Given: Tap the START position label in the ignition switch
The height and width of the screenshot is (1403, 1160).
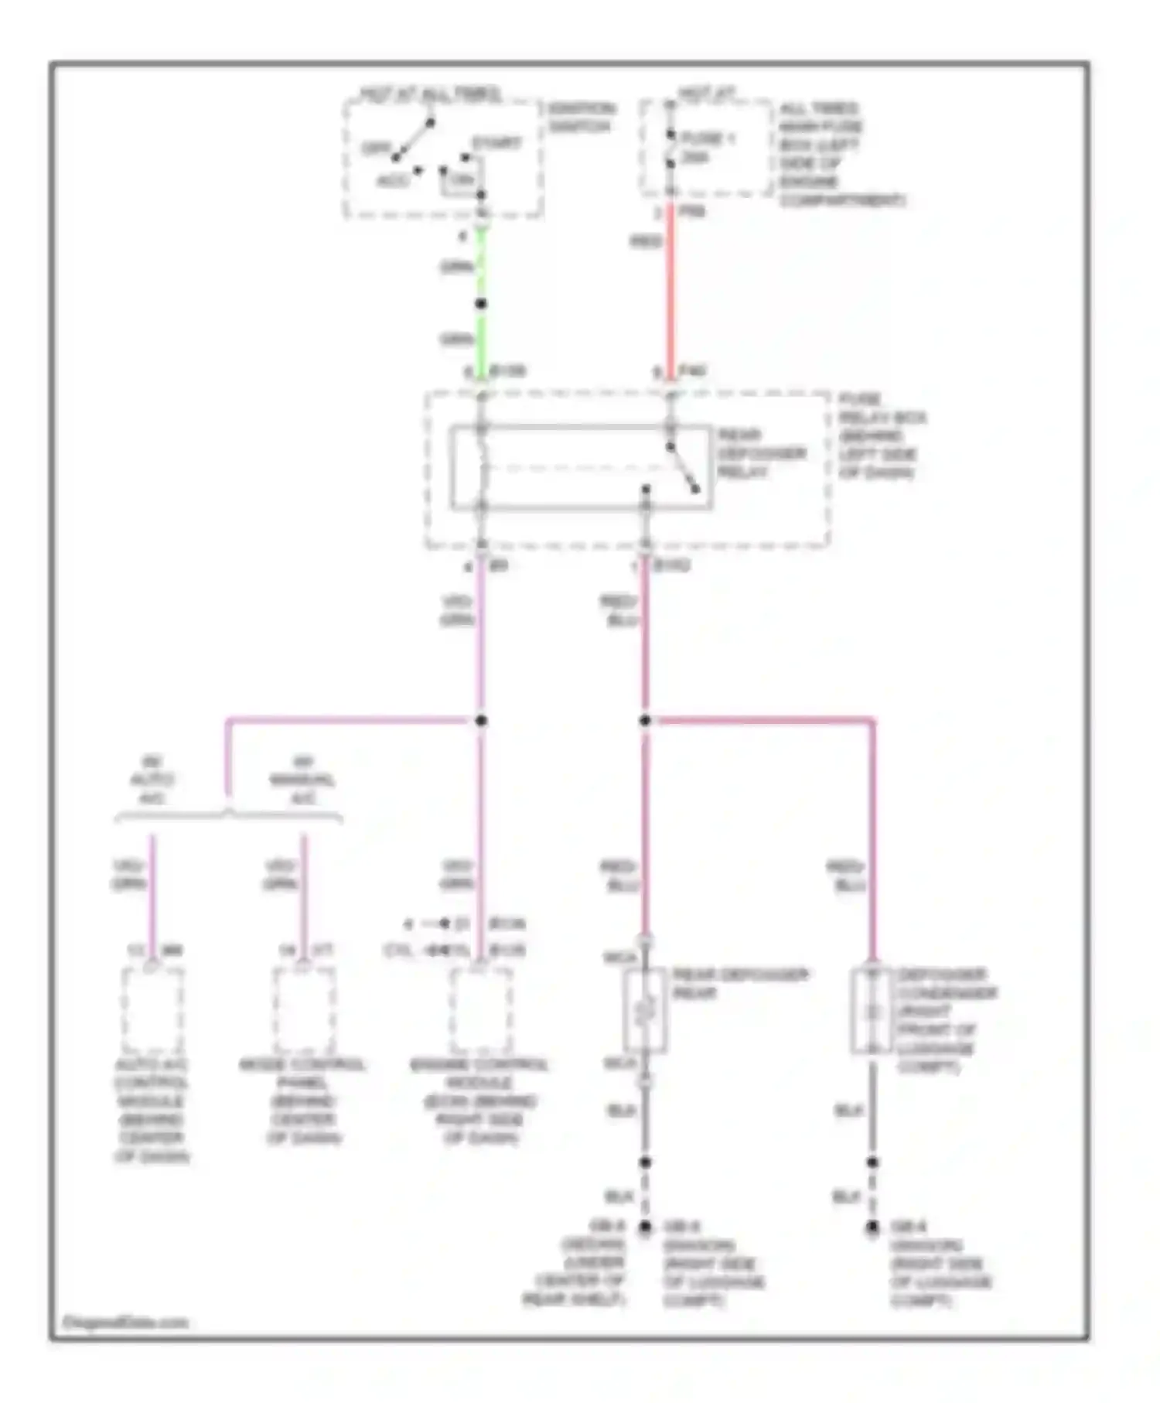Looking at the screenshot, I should click(x=496, y=143).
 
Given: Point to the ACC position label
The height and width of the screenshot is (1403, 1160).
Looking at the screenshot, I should click(x=393, y=181).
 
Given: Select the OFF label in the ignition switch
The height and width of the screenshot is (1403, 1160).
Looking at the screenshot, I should click(x=376, y=148).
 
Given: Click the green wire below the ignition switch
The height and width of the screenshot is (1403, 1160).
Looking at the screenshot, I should click(x=481, y=263).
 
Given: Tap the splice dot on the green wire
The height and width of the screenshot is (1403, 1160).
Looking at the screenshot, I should click(x=481, y=304).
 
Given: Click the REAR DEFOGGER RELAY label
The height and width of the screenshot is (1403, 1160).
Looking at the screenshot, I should click(x=761, y=453).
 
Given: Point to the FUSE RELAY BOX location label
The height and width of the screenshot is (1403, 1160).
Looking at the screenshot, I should click(x=882, y=435).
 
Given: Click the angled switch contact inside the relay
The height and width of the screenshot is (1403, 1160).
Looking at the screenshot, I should click(x=683, y=467).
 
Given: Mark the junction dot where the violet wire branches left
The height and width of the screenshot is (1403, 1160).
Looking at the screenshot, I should click(x=481, y=721).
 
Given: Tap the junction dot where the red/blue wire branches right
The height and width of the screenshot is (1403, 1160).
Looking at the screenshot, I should click(x=645, y=721).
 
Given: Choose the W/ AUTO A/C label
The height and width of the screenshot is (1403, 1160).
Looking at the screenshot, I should click(x=152, y=780).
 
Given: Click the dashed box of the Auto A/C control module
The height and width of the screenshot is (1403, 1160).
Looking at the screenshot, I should click(x=152, y=1009).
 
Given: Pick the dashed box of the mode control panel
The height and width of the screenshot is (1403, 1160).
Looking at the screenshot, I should click(x=304, y=1009).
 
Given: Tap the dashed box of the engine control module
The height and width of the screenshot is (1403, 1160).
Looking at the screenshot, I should click(x=480, y=1009).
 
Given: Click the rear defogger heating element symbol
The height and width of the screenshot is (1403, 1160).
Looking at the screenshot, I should click(x=645, y=1009).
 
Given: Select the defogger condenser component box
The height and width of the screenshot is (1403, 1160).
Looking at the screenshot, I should click(x=872, y=1009).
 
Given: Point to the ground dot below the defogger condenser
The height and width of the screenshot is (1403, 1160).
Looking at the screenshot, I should click(x=872, y=1227).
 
